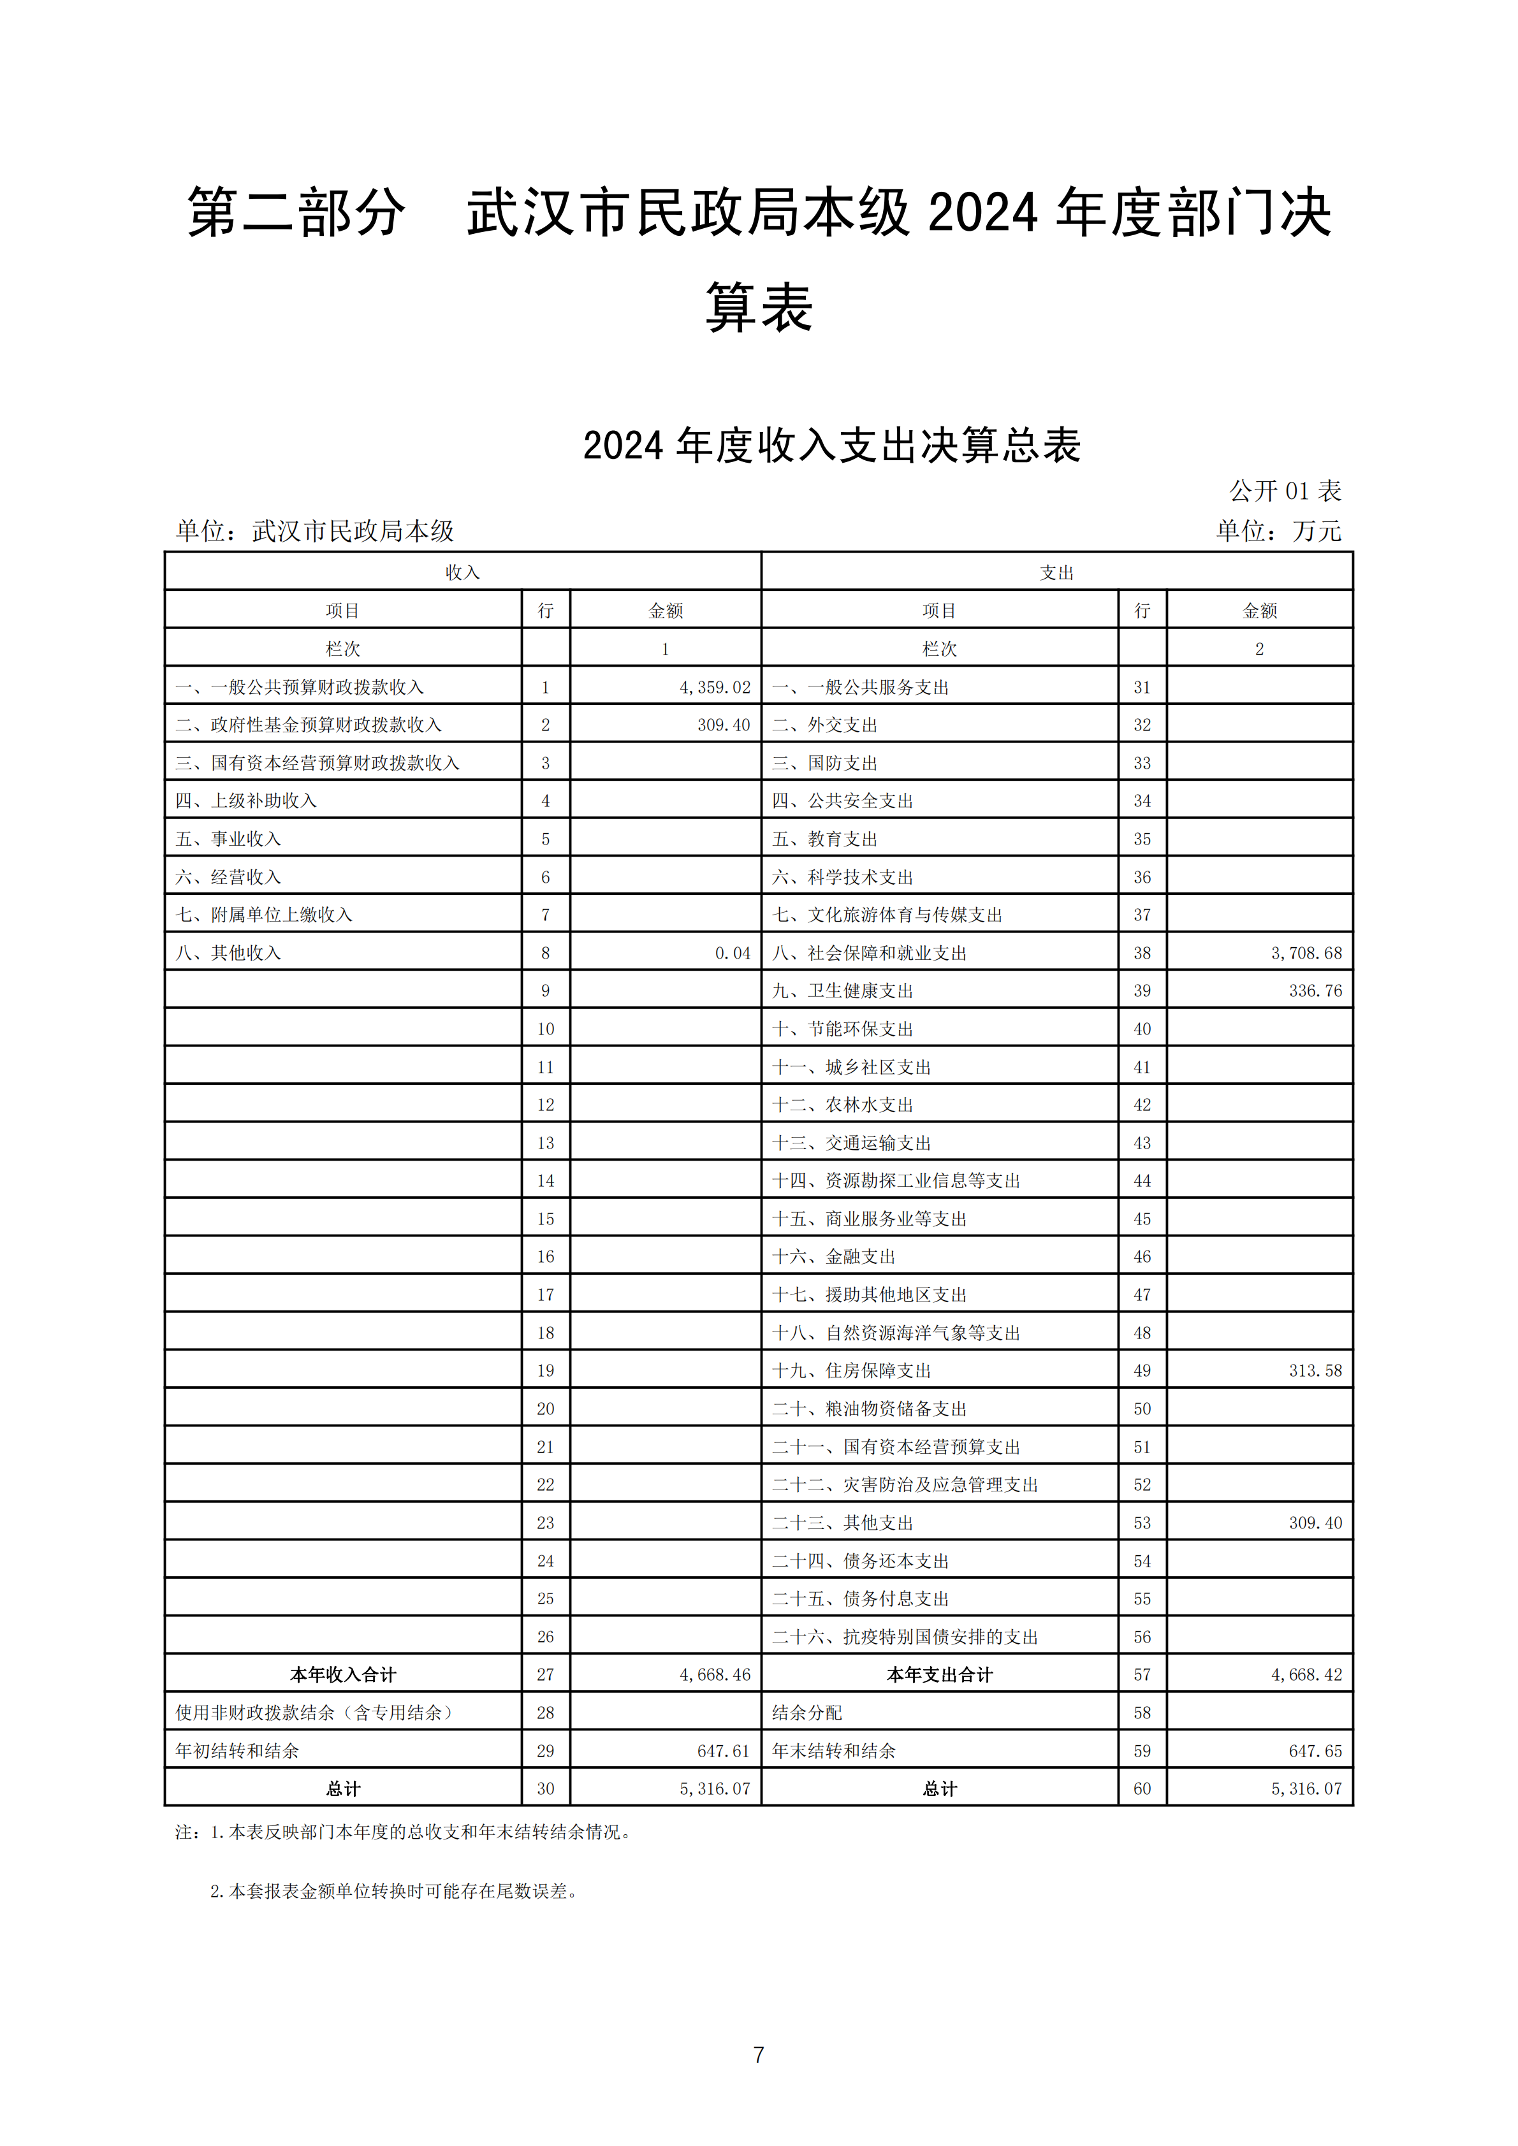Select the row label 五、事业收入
228,838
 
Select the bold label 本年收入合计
343,1674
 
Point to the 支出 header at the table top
1056,572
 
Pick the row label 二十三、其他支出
842,1523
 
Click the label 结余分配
806,1713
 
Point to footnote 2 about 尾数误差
393,1891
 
